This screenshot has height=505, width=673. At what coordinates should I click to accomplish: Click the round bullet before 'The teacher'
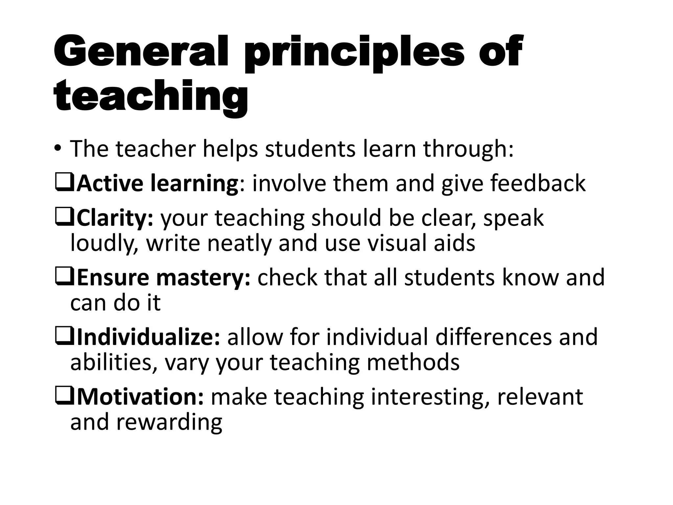pyautogui.click(x=58, y=149)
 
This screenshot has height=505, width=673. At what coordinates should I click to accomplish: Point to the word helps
pyautogui.click(x=230, y=149)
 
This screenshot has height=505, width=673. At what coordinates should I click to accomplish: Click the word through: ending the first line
pyautogui.click(x=468, y=149)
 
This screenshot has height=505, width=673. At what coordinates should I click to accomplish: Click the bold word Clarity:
pyautogui.click(x=115, y=218)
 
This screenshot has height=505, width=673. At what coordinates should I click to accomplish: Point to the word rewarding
pyautogui.click(x=169, y=422)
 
